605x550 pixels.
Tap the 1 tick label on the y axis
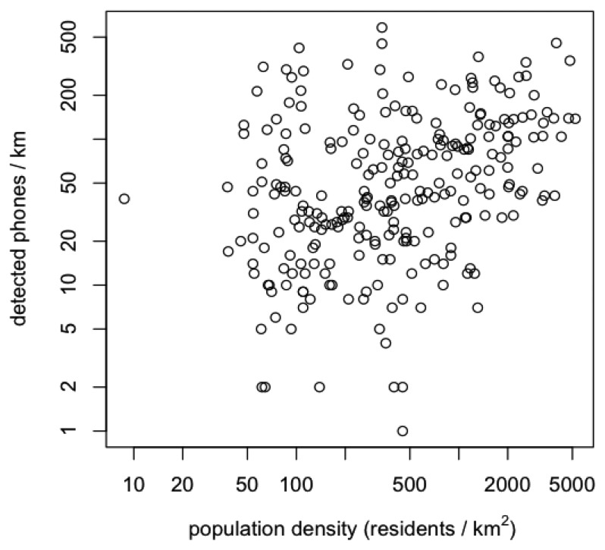coord(84,431)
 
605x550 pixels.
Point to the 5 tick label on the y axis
coord(84,329)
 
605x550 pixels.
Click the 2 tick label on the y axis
coord(84,387)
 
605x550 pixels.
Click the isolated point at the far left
coord(124,199)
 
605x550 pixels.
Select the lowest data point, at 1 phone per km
coord(403,431)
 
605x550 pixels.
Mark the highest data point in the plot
coord(382,28)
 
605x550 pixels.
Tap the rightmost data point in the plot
coord(575,118)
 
